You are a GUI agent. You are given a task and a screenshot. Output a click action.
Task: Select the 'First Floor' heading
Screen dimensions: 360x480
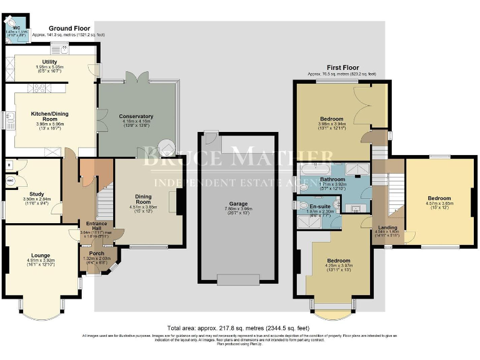342,67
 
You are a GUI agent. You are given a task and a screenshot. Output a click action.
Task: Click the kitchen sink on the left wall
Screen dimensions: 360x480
10,119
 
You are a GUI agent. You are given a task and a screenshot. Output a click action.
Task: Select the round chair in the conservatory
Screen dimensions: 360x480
167,148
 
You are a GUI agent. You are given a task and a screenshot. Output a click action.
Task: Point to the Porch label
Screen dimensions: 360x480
96,253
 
